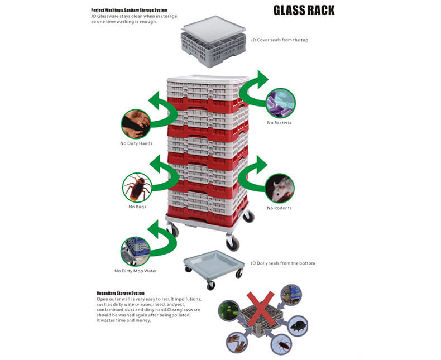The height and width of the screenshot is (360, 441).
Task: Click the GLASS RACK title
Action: click(x=304, y=11)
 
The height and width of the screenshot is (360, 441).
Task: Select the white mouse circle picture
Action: click(x=280, y=188)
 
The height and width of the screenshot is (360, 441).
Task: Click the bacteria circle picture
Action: click(x=281, y=103)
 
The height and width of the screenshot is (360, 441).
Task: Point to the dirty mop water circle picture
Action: click(x=135, y=251)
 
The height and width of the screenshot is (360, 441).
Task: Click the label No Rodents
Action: click(x=279, y=208)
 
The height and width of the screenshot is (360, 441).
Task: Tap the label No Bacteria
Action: click(x=279, y=122)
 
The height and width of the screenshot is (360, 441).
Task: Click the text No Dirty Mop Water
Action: click(x=136, y=271)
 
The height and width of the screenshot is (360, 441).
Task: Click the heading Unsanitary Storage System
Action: click(x=121, y=293)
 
